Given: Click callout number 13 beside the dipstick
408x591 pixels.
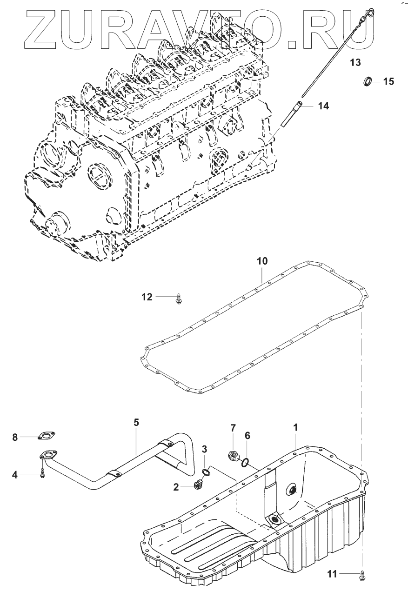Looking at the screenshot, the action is pos(355,62).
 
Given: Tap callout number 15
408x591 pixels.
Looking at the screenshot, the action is pos(388,81).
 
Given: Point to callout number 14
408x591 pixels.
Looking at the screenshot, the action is pos(323,106).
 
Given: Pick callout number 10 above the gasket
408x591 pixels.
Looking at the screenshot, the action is pos(262,261).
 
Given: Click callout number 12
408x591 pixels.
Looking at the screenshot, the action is pos(147,297).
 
